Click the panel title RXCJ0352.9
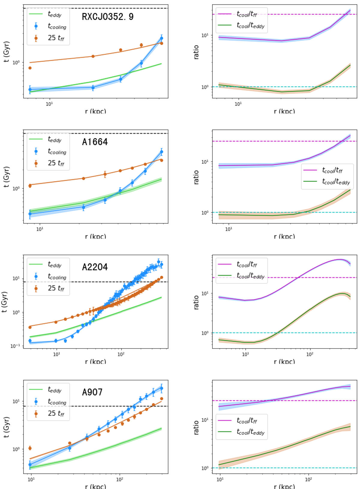pos(107,16)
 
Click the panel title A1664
pos(95,142)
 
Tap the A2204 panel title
pos(95,267)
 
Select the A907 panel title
pos(92,392)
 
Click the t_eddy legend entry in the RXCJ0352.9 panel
pos(54,14)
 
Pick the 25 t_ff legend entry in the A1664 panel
pos(56,163)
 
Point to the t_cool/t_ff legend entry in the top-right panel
pos(247,14)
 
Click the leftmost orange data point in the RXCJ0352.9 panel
pos(30,68)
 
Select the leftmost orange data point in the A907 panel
pos(30,448)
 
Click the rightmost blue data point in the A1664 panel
pos(162,152)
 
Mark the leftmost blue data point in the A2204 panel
pos(30,341)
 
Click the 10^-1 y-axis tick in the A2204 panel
pos(15,346)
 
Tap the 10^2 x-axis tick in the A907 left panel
pos(119,479)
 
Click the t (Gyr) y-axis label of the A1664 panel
pos(6,177)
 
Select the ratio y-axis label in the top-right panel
pos(196,52)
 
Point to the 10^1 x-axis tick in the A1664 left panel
pos(40,229)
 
